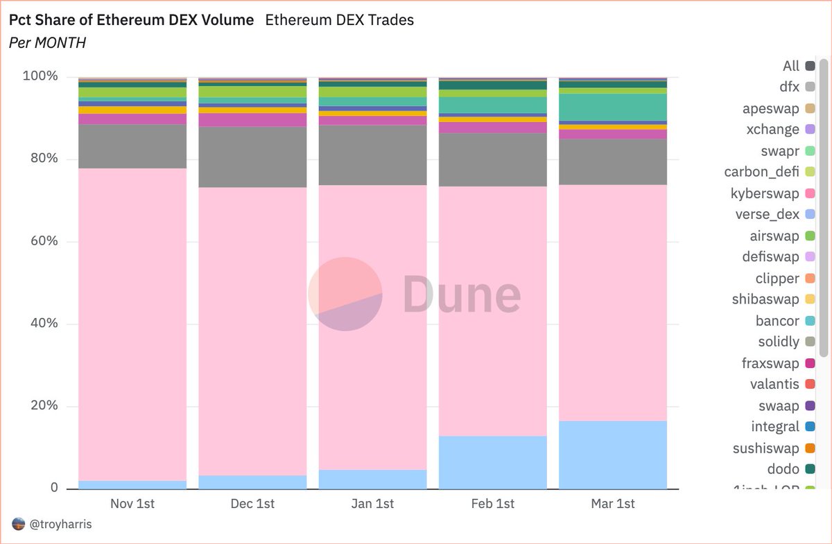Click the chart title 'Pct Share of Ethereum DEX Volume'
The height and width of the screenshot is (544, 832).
pos(131,20)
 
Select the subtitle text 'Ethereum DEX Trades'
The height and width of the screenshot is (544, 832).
pos(339,20)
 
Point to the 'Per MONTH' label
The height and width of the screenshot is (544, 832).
pos(47,43)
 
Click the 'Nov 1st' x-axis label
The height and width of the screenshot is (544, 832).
pos(132,504)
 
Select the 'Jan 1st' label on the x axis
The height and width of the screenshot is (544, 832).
pos(372,504)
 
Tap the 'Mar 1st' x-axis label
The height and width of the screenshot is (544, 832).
pos(612,504)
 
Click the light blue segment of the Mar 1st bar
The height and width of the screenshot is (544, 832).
pos(612,454)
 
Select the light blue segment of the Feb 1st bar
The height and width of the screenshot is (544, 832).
pos(492,462)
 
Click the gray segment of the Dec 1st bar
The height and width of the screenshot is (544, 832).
pos(252,157)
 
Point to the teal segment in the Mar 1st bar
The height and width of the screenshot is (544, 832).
pos(612,107)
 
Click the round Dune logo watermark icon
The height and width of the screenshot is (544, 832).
pos(345,294)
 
